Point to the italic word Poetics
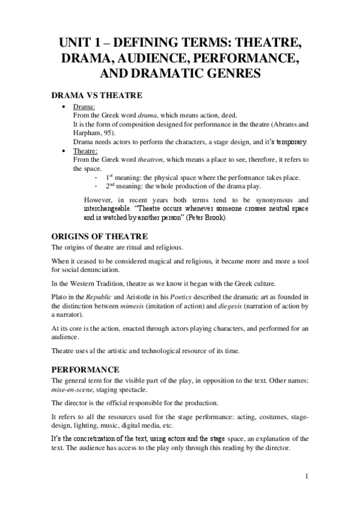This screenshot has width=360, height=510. [x=189, y=297]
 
